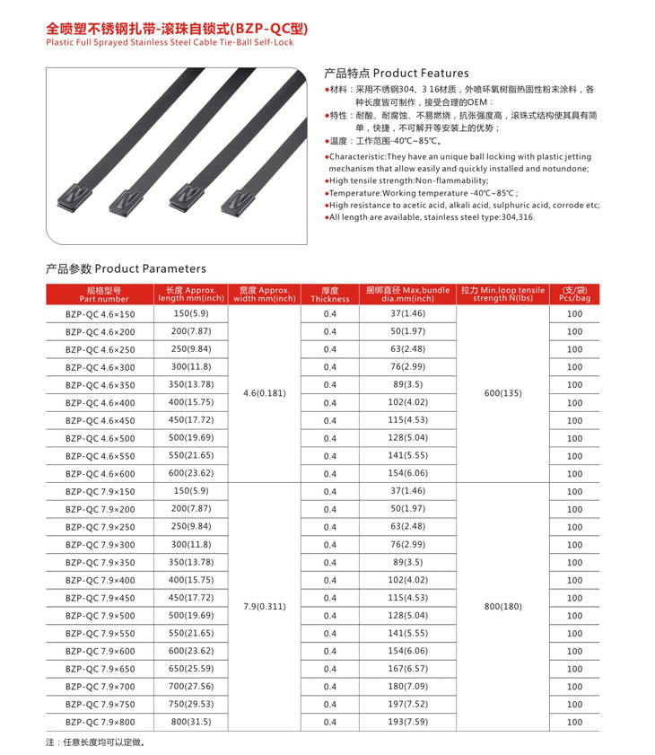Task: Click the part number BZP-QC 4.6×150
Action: point(100,314)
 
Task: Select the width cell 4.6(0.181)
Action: point(264,393)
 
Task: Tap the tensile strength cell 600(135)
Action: point(502,393)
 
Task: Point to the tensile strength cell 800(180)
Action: point(502,607)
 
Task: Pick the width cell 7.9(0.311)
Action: point(264,607)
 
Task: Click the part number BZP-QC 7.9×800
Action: point(100,722)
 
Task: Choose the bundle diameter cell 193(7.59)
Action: point(407,722)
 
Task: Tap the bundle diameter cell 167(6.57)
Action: point(407,669)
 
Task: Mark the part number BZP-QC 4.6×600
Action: point(100,474)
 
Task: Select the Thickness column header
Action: point(329,294)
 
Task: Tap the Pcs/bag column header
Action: point(574,294)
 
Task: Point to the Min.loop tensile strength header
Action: point(502,294)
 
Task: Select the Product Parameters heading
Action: point(126,268)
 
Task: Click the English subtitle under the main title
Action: point(170,41)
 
